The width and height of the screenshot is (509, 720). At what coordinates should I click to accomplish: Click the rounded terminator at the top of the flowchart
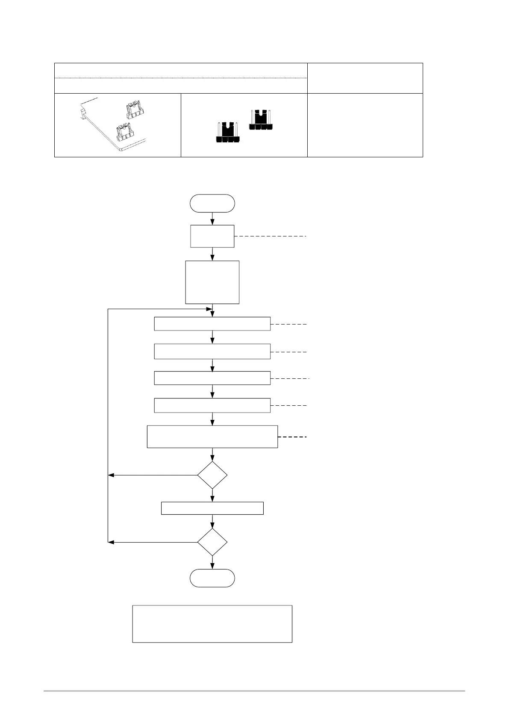click(x=212, y=203)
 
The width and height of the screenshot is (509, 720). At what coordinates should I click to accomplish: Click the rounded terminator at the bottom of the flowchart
click(x=212, y=578)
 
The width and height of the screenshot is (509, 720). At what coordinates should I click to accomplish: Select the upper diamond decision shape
click(x=212, y=475)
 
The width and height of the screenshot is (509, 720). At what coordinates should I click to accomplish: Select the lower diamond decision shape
click(x=212, y=542)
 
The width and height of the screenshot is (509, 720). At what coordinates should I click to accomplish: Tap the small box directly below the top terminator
click(x=212, y=236)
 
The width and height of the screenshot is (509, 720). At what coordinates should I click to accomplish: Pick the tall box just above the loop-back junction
click(x=212, y=282)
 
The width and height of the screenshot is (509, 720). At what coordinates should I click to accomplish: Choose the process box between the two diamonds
click(x=212, y=508)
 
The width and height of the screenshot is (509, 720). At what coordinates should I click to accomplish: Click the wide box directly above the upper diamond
click(x=212, y=437)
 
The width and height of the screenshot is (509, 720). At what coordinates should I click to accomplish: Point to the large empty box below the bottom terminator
click(x=212, y=624)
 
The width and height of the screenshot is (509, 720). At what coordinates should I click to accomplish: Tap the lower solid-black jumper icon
click(x=227, y=133)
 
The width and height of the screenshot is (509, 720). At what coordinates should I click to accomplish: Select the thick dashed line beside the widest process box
click(x=292, y=437)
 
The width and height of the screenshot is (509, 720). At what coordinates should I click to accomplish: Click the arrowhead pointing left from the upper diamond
click(x=111, y=475)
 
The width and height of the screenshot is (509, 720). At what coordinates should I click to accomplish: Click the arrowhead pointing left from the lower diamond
click(x=111, y=542)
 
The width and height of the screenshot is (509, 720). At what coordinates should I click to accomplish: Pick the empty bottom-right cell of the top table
click(x=365, y=125)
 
